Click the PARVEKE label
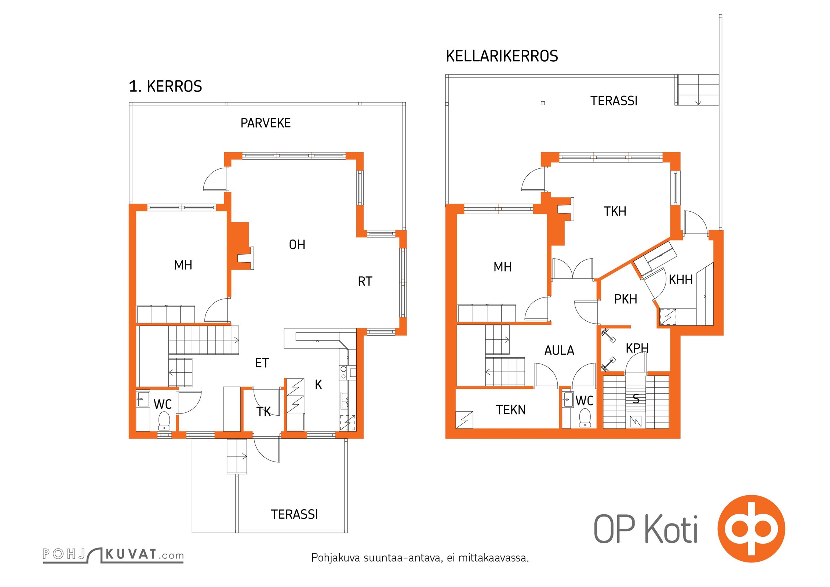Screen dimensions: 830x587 pos(265,123)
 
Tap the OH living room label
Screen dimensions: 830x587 pos(297,245)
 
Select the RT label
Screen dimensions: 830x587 pos(365,281)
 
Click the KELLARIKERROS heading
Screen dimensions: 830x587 pos(502,56)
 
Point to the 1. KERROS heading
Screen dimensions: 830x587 pos(165,86)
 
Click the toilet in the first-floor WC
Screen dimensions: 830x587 pos(164,420)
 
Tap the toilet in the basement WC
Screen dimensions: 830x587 pos(585,418)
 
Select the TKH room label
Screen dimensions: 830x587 pos(615,211)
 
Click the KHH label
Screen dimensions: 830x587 pos(681,280)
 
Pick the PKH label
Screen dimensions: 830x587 pos(626,299)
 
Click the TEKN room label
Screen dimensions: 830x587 pos(510,410)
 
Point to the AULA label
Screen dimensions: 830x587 pos(559,351)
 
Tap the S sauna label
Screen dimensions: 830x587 pos(636,399)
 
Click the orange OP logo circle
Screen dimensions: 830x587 pos(751,529)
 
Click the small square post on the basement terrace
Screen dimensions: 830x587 pos(543,103)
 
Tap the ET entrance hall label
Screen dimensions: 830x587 pos(262,363)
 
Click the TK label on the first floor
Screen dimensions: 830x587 pos(263,412)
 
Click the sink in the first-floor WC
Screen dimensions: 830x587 pos(143,399)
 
